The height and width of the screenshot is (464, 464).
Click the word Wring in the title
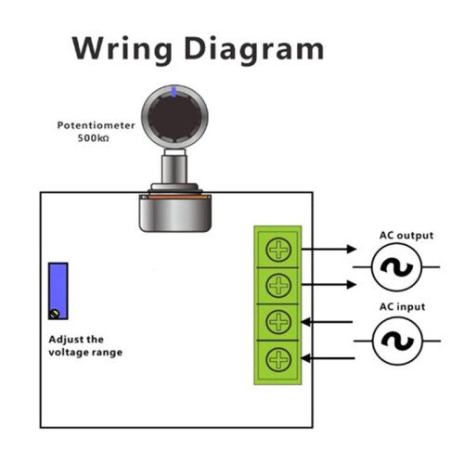click(122, 49)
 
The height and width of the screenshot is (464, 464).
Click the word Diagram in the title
click(254, 49)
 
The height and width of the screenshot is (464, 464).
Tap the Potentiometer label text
click(97, 125)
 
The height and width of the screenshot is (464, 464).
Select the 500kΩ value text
click(93, 138)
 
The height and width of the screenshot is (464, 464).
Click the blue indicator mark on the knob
click(174, 92)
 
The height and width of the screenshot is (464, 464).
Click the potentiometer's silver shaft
click(174, 169)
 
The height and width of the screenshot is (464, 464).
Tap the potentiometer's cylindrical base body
click(175, 214)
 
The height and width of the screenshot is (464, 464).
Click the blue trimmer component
click(58, 290)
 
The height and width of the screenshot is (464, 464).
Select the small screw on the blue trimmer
click(55, 314)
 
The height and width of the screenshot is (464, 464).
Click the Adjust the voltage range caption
click(85, 346)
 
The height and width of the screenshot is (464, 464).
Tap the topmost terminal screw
click(278, 250)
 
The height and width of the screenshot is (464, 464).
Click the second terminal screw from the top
click(278, 286)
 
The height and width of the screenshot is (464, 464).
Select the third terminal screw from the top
click(278, 322)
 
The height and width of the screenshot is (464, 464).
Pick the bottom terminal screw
click(278, 359)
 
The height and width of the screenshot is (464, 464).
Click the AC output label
click(406, 236)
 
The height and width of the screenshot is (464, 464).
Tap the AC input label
click(402, 307)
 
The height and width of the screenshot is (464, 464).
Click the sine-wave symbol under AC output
click(396, 267)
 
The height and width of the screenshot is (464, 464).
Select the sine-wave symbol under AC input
click(397, 341)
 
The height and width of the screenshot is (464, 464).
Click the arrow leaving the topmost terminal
click(329, 249)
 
